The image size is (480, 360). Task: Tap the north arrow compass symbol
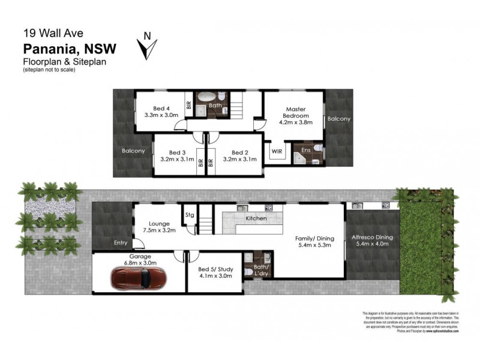click(x=147, y=46)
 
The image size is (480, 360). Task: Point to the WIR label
click(x=277, y=151)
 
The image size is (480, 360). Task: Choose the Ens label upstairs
click(x=305, y=149)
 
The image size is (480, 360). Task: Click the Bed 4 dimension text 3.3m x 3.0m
click(x=162, y=115)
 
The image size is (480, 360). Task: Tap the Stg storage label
click(x=190, y=214)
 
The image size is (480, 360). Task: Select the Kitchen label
click(x=256, y=218)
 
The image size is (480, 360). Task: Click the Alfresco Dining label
click(x=373, y=236)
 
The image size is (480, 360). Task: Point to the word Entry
click(x=121, y=243)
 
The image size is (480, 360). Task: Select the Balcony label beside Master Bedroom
click(x=338, y=119)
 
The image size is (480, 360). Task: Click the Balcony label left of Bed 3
click(x=133, y=151)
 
